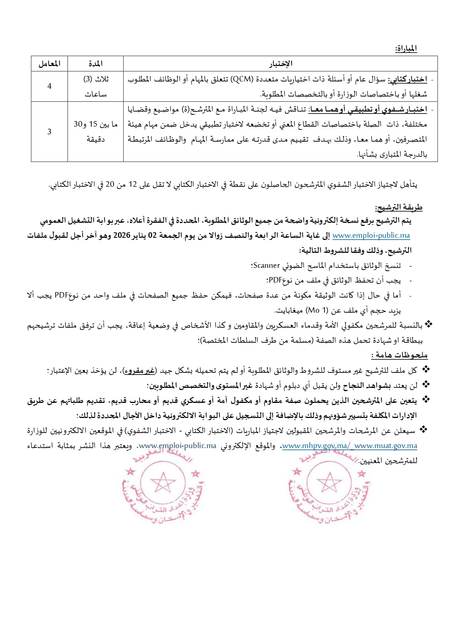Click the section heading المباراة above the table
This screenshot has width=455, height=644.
click(x=406, y=48)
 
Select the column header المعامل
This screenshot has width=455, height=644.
click(x=49, y=64)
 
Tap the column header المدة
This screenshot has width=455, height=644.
click(x=96, y=64)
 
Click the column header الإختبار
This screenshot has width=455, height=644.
click(x=280, y=64)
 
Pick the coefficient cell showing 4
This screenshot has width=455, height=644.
click(x=49, y=86)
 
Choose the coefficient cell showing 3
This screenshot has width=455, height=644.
click(x=49, y=132)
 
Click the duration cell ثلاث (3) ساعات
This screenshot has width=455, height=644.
click(x=96, y=87)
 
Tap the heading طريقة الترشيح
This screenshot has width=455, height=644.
click(x=399, y=208)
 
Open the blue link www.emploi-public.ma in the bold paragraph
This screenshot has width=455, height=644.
click(x=371, y=236)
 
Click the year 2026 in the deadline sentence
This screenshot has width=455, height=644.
click(x=122, y=236)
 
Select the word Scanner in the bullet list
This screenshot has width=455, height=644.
click(x=267, y=266)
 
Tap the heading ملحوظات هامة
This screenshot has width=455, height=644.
click(x=399, y=355)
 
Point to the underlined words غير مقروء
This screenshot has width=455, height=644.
click(x=140, y=371)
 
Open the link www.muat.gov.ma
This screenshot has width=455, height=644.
click(x=386, y=446)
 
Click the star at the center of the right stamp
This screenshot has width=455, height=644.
click(x=329, y=483)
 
